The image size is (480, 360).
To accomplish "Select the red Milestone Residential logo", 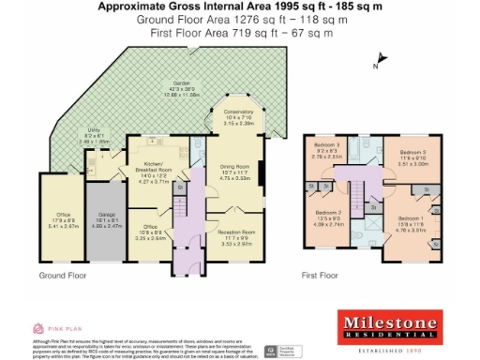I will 388,326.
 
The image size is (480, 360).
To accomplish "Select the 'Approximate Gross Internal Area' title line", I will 240,7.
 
